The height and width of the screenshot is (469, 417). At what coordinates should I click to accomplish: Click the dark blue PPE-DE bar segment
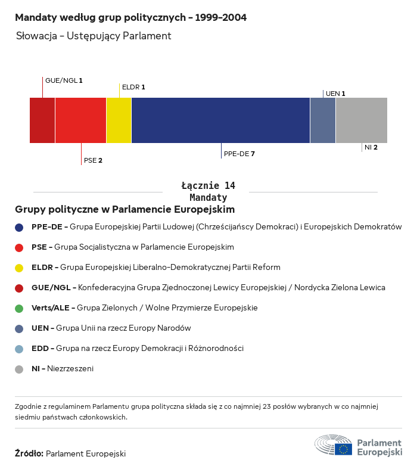(220, 120)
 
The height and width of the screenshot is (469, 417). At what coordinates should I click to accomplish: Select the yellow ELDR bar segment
(119, 120)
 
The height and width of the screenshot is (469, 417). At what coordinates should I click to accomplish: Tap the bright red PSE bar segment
(80, 120)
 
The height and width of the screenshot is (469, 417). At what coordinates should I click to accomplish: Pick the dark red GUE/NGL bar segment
(42, 120)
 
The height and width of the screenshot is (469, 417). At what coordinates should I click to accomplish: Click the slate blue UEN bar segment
(323, 120)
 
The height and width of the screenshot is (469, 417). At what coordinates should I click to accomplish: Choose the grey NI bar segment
(362, 120)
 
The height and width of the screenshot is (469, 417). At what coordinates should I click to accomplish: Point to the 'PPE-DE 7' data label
(239, 154)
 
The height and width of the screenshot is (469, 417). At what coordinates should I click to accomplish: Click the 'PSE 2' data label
(93, 160)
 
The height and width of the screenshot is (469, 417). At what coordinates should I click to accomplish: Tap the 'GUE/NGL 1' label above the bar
(64, 80)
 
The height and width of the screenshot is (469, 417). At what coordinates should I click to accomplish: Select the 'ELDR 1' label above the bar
(133, 87)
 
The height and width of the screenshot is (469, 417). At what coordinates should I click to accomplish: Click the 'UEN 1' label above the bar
(335, 94)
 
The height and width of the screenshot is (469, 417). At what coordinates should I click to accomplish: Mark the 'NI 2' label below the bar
(371, 147)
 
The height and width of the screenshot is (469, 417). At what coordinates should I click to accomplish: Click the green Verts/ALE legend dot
(19, 308)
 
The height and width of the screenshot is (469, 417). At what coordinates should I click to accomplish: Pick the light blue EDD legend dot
(19, 349)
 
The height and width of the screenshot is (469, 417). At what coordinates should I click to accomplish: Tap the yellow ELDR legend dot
(19, 268)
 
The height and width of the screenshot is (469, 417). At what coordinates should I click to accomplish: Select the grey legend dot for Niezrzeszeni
(19, 369)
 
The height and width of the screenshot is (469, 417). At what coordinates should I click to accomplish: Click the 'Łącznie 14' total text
(208, 186)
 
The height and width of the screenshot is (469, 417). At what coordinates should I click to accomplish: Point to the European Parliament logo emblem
(334, 446)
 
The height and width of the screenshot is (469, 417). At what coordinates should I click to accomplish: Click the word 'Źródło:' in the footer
(29, 454)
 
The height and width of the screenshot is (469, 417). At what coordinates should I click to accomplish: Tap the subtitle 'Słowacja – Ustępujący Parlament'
(94, 36)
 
